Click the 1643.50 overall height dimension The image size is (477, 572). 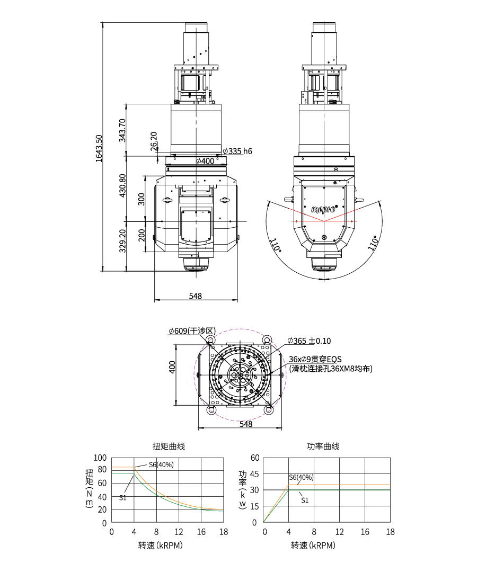pyautogui.click(x=99, y=148)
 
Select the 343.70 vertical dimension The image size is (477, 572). pyautogui.click(x=122, y=130)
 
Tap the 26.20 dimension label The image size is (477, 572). pyautogui.click(x=154, y=141)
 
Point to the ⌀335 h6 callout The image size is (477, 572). pyautogui.click(x=237, y=151)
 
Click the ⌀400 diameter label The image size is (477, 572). pyautogui.click(x=205, y=161)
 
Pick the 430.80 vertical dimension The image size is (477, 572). pyautogui.click(x=122, y=185)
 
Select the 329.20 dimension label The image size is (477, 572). pyautogui.click(x=122, y=241)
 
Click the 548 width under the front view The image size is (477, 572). pyautogui.click(x=195, y=296)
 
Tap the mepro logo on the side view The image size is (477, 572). pyautogui.click(x=324, y=209)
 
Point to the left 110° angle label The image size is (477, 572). pyautogui.click(x=276, y=245)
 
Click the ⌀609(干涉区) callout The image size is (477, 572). pyautogui.click(x=192, y=331)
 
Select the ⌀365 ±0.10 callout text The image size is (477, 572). pyautogui.click(x=309, y=341)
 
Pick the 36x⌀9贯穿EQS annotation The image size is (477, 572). pyautogui.click(x=315, y=359)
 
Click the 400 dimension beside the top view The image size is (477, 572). pyautogui.click(x=172, y=367)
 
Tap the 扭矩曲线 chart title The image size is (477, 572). pyautogui.click(x=169, y=446)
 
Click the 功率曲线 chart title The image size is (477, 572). pyautogui.click(x=323, y=446)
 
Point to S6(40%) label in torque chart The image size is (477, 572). pyautogui.click(x=161, y=465)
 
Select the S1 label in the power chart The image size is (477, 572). pyautogui.click(x=305, y=500)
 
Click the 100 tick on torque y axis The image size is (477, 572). pyautogui.click(x=100, y=458)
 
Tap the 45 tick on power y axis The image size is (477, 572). pyautogui.click(x=254, y=474)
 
